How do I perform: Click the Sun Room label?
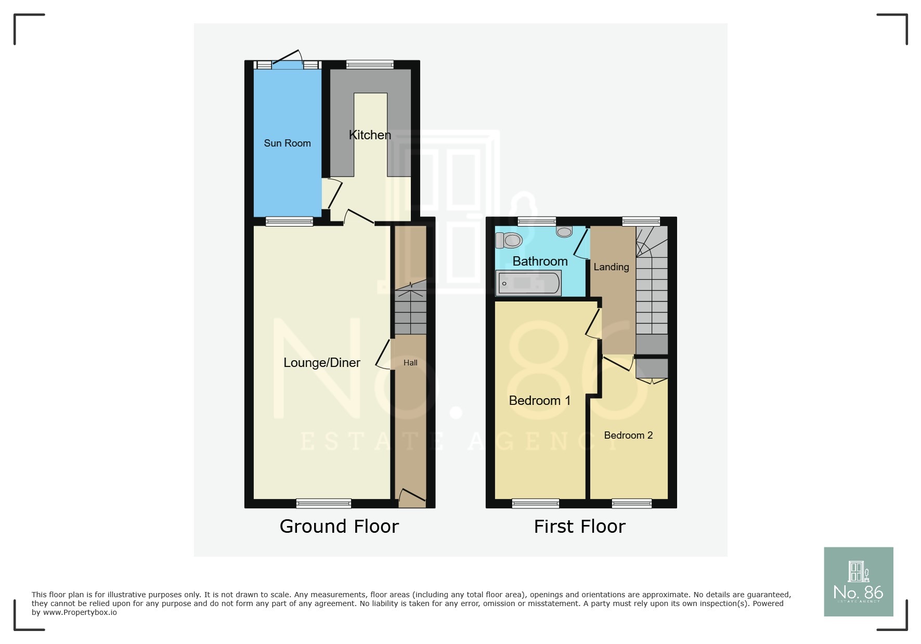[287, 143]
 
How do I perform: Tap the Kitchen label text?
[370, 135]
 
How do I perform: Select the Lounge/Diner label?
[321, 363]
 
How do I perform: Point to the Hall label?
[410, 363]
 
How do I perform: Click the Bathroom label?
[540, 261]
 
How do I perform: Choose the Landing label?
[611, 267]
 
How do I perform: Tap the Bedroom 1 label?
[539, 401]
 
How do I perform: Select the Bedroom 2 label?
[628, 436]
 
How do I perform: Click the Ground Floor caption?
[339, 527]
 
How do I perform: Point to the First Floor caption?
[579, 527]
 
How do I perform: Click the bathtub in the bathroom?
[529, 283]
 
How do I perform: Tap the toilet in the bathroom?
[510, 240]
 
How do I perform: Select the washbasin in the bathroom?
[564, 231]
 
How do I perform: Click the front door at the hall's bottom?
[411, 498]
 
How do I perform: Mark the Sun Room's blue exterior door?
[287, 64]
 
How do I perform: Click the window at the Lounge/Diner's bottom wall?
[323, 503]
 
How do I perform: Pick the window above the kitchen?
[370, 64]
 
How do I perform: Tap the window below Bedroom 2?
[631, 503]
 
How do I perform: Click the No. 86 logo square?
[858, 582]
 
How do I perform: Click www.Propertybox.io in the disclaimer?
[80, 613]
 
